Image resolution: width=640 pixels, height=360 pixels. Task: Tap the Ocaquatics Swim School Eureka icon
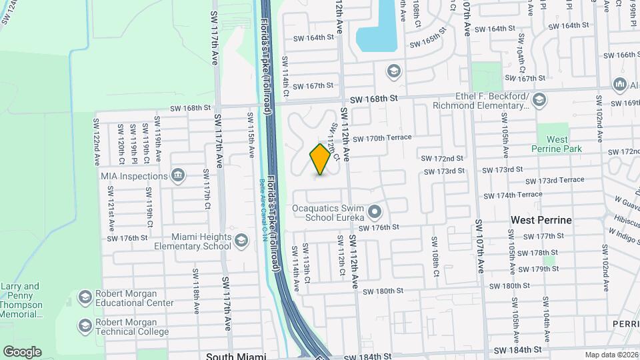coord(374,213)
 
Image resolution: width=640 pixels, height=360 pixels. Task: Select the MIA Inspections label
coord(133,176)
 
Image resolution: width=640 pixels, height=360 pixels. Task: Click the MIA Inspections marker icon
coord(178,176)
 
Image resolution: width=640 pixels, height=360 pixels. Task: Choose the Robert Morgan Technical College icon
coord(85,326)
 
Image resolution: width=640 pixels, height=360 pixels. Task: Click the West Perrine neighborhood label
coord(541,219)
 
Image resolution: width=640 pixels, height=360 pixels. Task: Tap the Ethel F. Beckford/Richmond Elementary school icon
coord(539,101)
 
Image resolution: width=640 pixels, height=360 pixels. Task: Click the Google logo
coord(22,351)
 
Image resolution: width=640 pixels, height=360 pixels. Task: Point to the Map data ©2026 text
coord(611,355)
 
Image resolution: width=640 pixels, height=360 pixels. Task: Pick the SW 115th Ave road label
coord(252,143)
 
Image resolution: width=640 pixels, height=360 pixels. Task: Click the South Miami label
coord(236,356)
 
